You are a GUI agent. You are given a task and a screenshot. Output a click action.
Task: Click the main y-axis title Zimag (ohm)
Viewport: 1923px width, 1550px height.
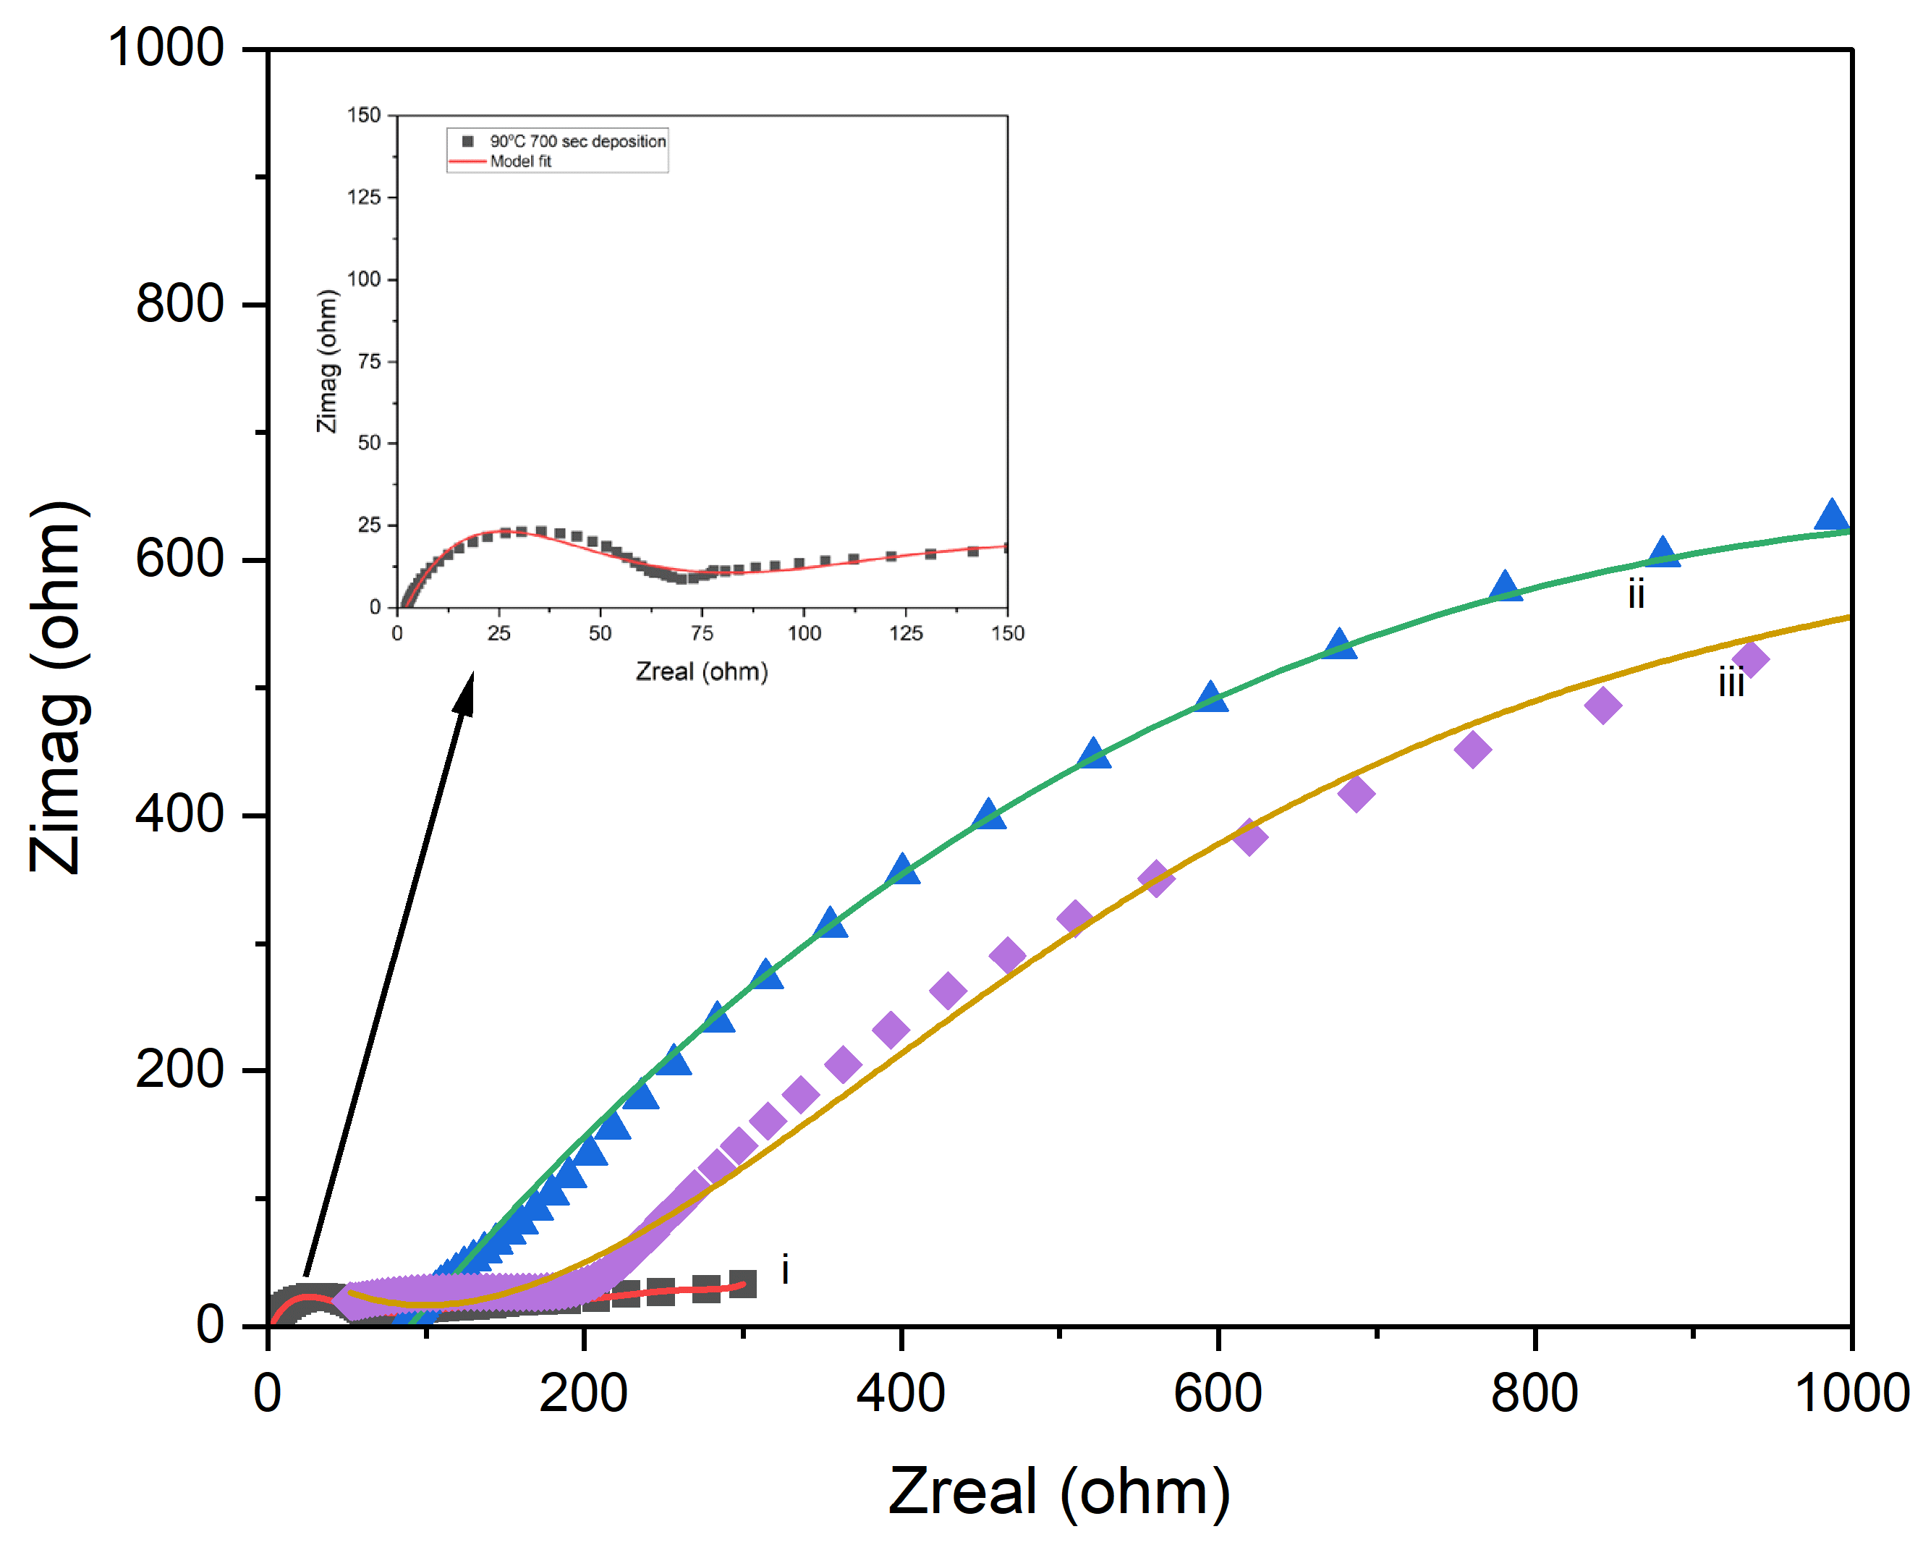pos(59,687)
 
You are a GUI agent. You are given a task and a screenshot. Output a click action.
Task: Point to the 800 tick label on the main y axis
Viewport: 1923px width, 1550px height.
pos(179,304)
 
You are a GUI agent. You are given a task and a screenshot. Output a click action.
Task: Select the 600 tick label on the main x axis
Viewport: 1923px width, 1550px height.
pos(1217,1392)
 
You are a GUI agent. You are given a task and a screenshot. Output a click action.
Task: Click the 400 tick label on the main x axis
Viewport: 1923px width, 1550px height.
pos(900,1392)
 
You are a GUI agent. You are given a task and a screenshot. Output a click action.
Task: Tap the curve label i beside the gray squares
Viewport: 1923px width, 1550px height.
pos(785,1269)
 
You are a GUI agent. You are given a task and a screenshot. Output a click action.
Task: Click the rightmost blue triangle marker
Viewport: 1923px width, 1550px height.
pos(1830,516)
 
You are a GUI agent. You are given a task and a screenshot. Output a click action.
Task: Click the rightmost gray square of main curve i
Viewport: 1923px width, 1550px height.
pos(743,1284)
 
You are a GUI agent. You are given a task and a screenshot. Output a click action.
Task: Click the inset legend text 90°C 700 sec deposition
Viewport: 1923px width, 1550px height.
pos(577,141)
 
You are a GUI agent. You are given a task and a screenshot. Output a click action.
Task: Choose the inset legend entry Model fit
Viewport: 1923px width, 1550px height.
pos(520,161)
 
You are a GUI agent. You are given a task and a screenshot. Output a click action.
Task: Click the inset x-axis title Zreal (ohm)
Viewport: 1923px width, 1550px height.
pos(702,672)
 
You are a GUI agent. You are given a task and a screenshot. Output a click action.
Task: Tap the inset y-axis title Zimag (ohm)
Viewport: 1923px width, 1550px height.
pos(328,362)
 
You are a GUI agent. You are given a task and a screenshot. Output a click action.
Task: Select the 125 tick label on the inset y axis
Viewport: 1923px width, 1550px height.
pos(363,198)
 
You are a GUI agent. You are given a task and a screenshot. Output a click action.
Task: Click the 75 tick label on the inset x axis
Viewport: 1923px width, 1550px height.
pos(702,633)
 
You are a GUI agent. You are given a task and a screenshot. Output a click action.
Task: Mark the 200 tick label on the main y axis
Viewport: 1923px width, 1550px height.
pos(179,1069)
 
